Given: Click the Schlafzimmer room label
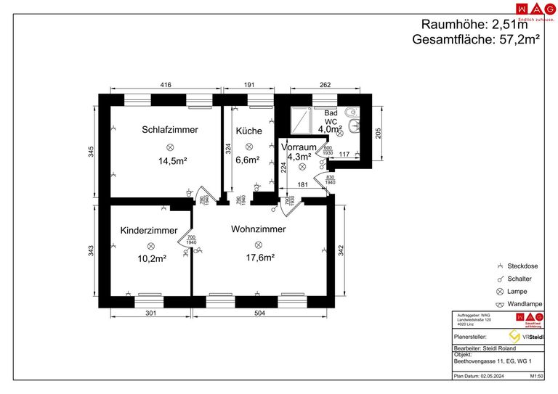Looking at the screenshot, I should click(x=170, y=130).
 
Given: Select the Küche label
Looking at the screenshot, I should click(x=248, y=131).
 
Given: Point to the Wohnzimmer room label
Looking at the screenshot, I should click(x=258, y=229).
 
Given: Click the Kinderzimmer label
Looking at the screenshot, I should click(x=149, y=230).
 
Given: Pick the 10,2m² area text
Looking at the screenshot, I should click(x=152, y=258).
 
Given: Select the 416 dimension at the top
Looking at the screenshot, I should click(x=166, y=85).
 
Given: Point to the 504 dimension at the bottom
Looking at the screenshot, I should click(x=259, y=313).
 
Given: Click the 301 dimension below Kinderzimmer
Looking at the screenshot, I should click(x=150, y=313).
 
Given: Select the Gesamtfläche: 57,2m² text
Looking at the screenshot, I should click(x=476, y=40).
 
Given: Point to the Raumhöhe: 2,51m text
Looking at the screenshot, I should click(x=480, y=25).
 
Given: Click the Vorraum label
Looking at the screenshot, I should click(x=298, y=147).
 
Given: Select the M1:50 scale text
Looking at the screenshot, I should click(x=538, y=377).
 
